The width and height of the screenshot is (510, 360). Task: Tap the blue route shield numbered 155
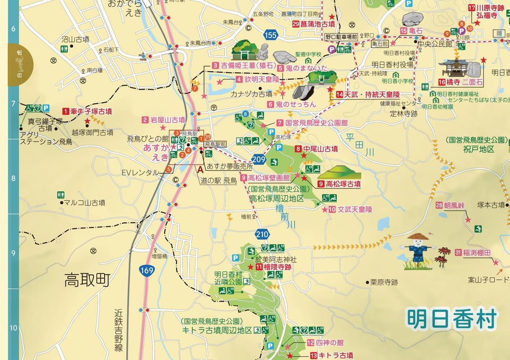270,36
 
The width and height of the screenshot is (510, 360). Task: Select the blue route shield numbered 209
259,159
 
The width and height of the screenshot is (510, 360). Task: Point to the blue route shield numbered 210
262,233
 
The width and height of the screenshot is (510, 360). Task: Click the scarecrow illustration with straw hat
418,249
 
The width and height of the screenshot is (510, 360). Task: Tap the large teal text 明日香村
452,319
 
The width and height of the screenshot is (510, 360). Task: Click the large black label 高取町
87,280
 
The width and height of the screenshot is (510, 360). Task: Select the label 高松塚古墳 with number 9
343,184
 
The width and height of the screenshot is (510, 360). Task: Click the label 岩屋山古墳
167,120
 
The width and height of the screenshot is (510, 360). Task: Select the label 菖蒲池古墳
317,24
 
